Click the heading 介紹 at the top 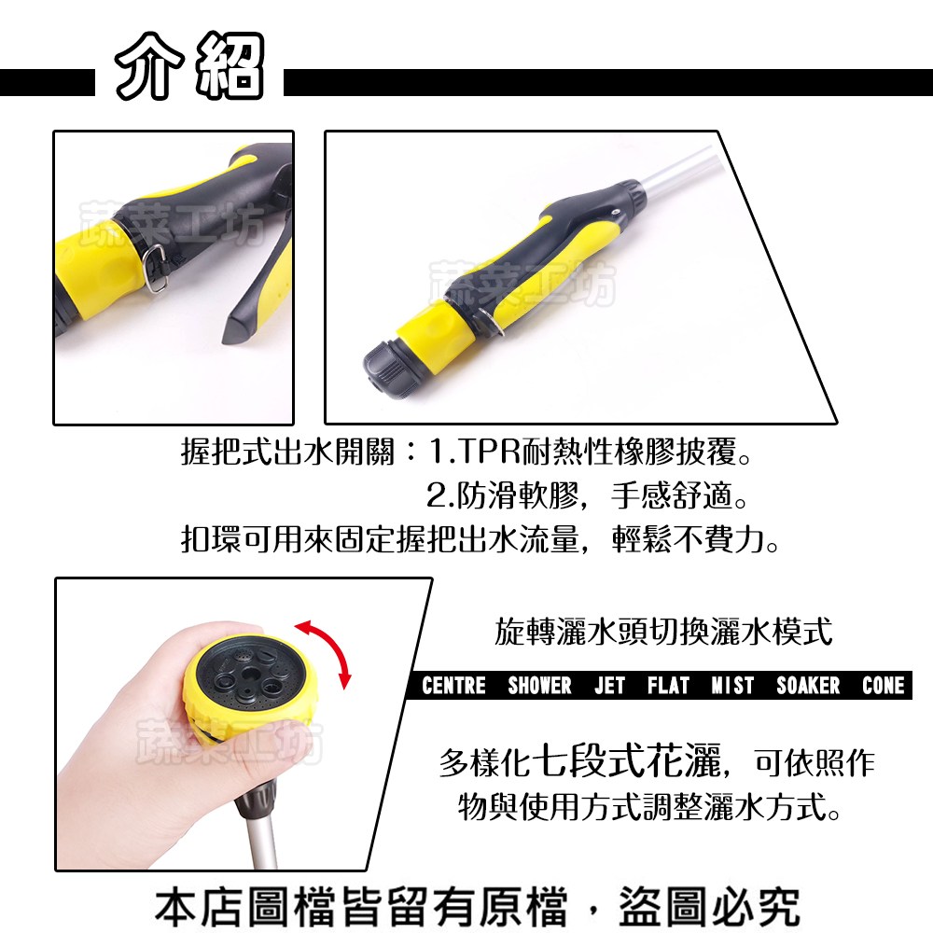[x=189, y=65]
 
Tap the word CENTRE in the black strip [x=453, y=686]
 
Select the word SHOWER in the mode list [x=539, y=686]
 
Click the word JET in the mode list [x=610, y=686]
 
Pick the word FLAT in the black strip [x=668, y=686]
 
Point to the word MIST [x=732, y=686]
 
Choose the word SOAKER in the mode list [x=808, y=686]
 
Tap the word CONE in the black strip [x=883, y=686]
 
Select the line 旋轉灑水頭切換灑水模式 [x=663, y=632]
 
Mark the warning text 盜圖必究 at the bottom [x=709, y=907]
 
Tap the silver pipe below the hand [x=260, y=842]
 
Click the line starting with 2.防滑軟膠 [x=587, y=495]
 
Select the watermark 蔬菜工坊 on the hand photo [x=230, y=742]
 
